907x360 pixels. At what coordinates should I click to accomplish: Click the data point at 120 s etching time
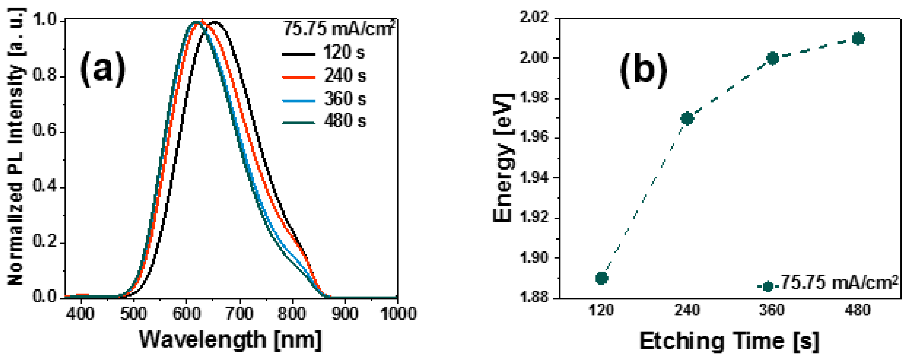(x=602, y=278)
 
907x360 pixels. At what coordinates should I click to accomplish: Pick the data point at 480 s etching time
(x=858, y=39)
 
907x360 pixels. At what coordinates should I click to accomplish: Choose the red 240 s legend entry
(x=324, y=76)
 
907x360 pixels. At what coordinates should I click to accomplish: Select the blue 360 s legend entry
(x=324, y=99)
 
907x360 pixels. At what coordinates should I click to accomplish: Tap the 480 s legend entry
(x=324, y=121)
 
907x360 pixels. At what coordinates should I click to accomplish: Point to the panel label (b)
(x=643, y=72)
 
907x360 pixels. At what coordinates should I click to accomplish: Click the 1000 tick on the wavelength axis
(x=397, y=313)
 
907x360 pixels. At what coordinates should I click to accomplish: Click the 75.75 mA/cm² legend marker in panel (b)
(x=768, y=286)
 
